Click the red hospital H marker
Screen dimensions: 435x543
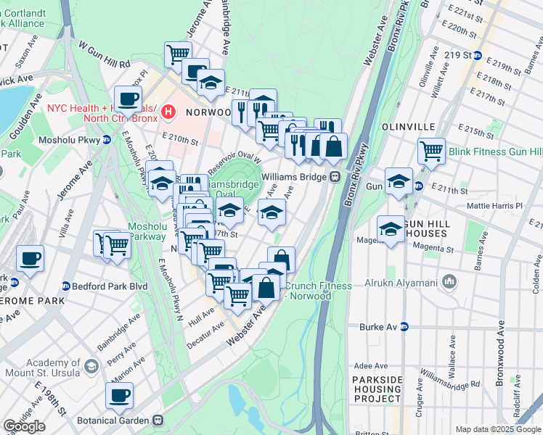(168, 112)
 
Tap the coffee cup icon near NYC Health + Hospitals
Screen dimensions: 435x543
(128, 99)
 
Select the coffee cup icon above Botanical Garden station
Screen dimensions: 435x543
(119, 396)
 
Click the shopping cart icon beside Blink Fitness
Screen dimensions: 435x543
(431, 151)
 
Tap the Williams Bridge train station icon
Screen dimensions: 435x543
(335, 176)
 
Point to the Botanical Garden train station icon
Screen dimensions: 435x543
(157, 420)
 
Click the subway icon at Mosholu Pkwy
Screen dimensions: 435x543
(106, 141)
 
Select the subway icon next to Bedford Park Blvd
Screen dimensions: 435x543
(65, 286)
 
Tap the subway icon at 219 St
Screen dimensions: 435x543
(478, 56)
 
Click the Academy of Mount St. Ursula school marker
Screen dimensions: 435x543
(91, 366)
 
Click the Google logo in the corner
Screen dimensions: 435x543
(24, 426)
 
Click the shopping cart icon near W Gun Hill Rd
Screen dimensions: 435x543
(178, 54)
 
